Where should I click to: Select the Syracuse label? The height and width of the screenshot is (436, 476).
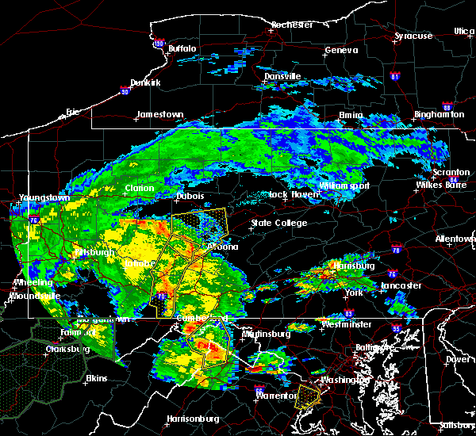414,36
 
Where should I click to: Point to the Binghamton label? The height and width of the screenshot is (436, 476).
440,115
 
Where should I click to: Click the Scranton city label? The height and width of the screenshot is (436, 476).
451,173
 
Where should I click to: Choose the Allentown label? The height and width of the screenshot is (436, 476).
455,239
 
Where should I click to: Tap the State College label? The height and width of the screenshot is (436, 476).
278,224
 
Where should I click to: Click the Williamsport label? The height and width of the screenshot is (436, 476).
344,185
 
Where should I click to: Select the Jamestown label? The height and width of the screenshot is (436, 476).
159,115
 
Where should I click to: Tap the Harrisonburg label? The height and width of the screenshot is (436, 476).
193,419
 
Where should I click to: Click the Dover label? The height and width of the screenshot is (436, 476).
459,358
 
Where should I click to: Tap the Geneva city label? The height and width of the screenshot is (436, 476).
341,51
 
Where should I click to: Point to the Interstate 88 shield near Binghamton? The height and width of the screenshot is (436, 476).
447,107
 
